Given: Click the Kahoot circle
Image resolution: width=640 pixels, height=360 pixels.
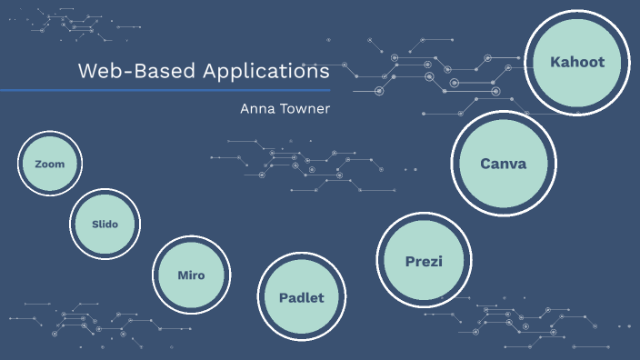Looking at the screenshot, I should point(577,62).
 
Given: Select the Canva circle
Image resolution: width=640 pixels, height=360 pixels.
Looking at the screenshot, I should point(503,163).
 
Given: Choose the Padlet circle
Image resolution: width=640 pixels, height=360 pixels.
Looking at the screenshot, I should point(301,297).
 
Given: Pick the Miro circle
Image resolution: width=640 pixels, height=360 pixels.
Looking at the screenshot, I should point(191,275).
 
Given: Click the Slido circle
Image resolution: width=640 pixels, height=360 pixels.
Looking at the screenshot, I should point(105,224).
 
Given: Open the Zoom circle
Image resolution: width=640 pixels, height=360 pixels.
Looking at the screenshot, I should point(50,165).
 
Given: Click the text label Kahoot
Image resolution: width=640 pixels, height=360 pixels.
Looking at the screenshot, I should point(577,62).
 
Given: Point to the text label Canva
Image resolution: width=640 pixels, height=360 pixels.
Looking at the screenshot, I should point(503,164).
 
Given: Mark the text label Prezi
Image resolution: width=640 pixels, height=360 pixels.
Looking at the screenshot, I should point(424,262).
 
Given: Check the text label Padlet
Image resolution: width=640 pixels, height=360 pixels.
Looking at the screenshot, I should point(301,297).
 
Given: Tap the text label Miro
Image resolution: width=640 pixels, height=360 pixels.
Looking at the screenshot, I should point(191,275).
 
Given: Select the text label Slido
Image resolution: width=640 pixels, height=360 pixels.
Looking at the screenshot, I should point(105,224).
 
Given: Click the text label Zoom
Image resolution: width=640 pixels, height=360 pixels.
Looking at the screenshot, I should point(50,165).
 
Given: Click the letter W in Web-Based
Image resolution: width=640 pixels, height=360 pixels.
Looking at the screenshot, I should point(86,71).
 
